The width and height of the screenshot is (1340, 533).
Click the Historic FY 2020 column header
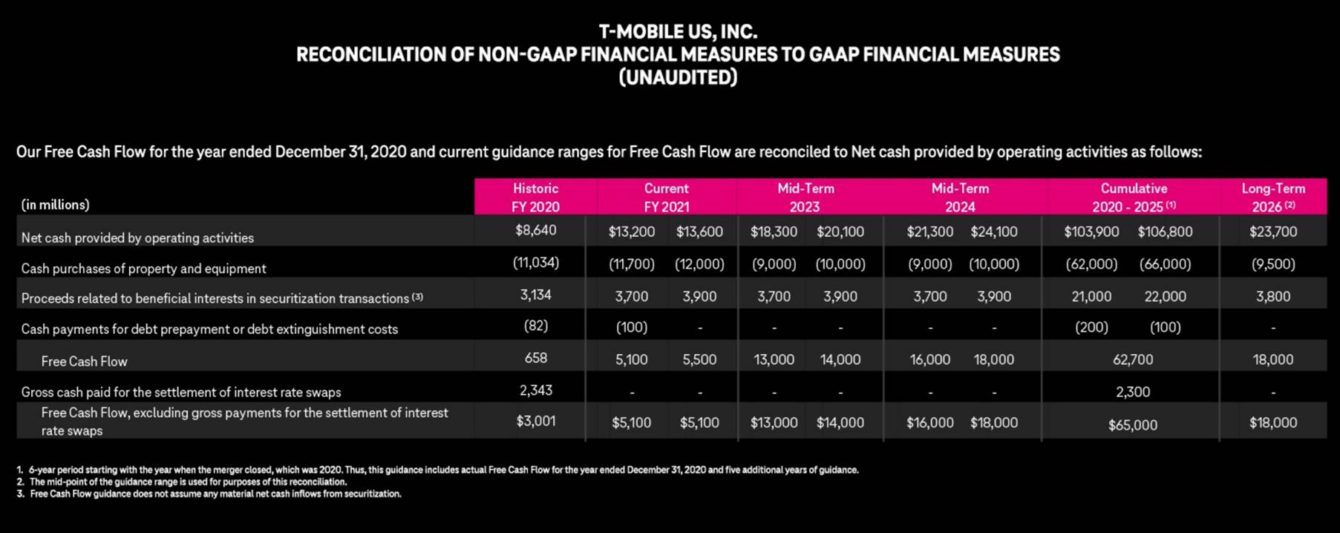[535, 197]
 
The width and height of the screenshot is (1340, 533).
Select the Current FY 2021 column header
[666, 197]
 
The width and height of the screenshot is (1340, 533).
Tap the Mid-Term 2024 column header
[960, 197]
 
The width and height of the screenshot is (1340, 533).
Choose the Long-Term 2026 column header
[1273, 197]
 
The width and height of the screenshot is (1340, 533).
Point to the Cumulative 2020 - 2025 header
[1133, 197]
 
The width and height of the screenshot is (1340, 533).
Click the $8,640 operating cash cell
[535, 230]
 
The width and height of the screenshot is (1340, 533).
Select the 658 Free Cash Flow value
[535, 358]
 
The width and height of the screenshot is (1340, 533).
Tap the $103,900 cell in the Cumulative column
[1091, 232]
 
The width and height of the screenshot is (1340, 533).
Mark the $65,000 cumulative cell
[1132, 425]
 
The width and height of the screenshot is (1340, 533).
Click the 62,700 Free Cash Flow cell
[1132, 359]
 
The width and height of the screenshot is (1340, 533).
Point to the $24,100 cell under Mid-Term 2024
[993, 232]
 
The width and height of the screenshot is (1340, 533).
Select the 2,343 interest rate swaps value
[535, 390]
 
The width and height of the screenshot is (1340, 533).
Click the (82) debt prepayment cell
[535, 325]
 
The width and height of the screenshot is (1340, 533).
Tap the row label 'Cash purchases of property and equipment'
[143, 268]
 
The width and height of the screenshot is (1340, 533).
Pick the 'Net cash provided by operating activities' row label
[137, 238]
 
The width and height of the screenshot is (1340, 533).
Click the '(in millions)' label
[55, 204]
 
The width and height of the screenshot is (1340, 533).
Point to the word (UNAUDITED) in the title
[678, 77]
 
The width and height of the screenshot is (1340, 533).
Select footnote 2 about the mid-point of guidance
[188, 482]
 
